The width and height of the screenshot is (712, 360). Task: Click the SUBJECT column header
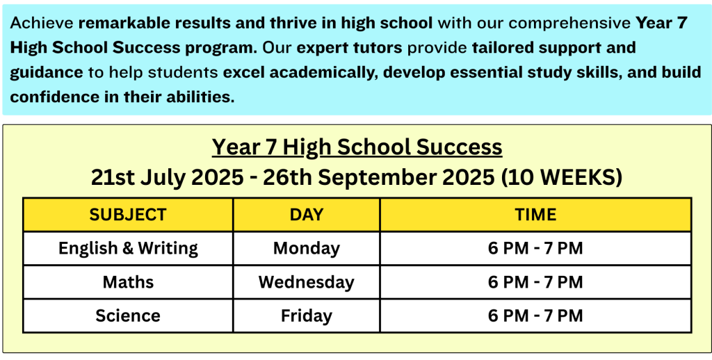click(x=128, y=214)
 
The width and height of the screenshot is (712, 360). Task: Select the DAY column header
click(x=307, y=214)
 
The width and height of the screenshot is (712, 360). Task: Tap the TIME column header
click(x=536, y=214)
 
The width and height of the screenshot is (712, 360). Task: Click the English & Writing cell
click(x=128, y=248)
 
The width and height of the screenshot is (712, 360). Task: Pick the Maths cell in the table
click(x=128, y=282)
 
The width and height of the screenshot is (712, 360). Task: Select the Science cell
click(x=128, y=316)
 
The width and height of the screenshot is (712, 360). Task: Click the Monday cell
click(x=307, y=249)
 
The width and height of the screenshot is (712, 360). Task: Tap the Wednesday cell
click(x=307, y=282)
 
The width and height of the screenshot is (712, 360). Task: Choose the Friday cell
click(x=307, y=316)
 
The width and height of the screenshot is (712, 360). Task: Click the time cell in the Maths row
click(x=536, y=282)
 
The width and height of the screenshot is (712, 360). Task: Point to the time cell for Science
click(x=536, y=316)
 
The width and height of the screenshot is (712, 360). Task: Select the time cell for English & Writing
click(x=536, y=248)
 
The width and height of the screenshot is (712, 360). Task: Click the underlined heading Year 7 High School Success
click(x=357, y=147)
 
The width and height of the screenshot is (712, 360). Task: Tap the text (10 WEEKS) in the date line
click(x=561, y=178)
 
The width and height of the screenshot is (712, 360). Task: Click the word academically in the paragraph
click(x=325, y=73)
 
